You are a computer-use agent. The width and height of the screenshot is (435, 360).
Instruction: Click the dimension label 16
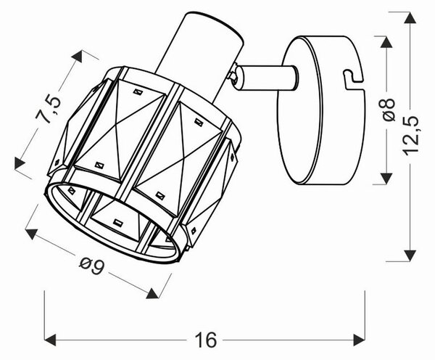point(206,340)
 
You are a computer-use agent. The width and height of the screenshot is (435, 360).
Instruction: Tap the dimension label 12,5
point(410,136)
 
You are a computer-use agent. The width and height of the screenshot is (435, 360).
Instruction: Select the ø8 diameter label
point(389,109)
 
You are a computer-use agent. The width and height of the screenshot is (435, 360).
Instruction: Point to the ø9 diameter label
point(91,265)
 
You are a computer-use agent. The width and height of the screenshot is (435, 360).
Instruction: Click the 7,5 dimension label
point(48,109)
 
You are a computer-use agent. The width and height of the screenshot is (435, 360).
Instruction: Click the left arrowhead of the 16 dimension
point(50,340)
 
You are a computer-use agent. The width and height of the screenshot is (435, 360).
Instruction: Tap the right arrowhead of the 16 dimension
point(359,340)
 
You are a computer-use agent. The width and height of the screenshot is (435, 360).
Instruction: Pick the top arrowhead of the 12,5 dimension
point(410,17)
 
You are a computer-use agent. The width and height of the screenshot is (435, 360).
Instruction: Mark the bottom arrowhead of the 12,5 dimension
point(410,255)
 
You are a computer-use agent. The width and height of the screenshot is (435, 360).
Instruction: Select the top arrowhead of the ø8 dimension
point(386,42)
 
